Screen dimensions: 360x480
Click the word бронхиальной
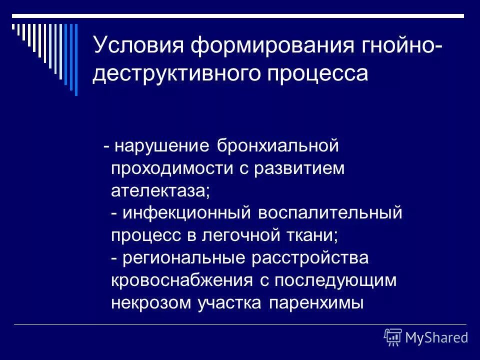[x=278, y=146]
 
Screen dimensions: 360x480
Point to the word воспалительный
[x=330, y=213]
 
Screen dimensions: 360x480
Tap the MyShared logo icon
[x=393, y=337]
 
